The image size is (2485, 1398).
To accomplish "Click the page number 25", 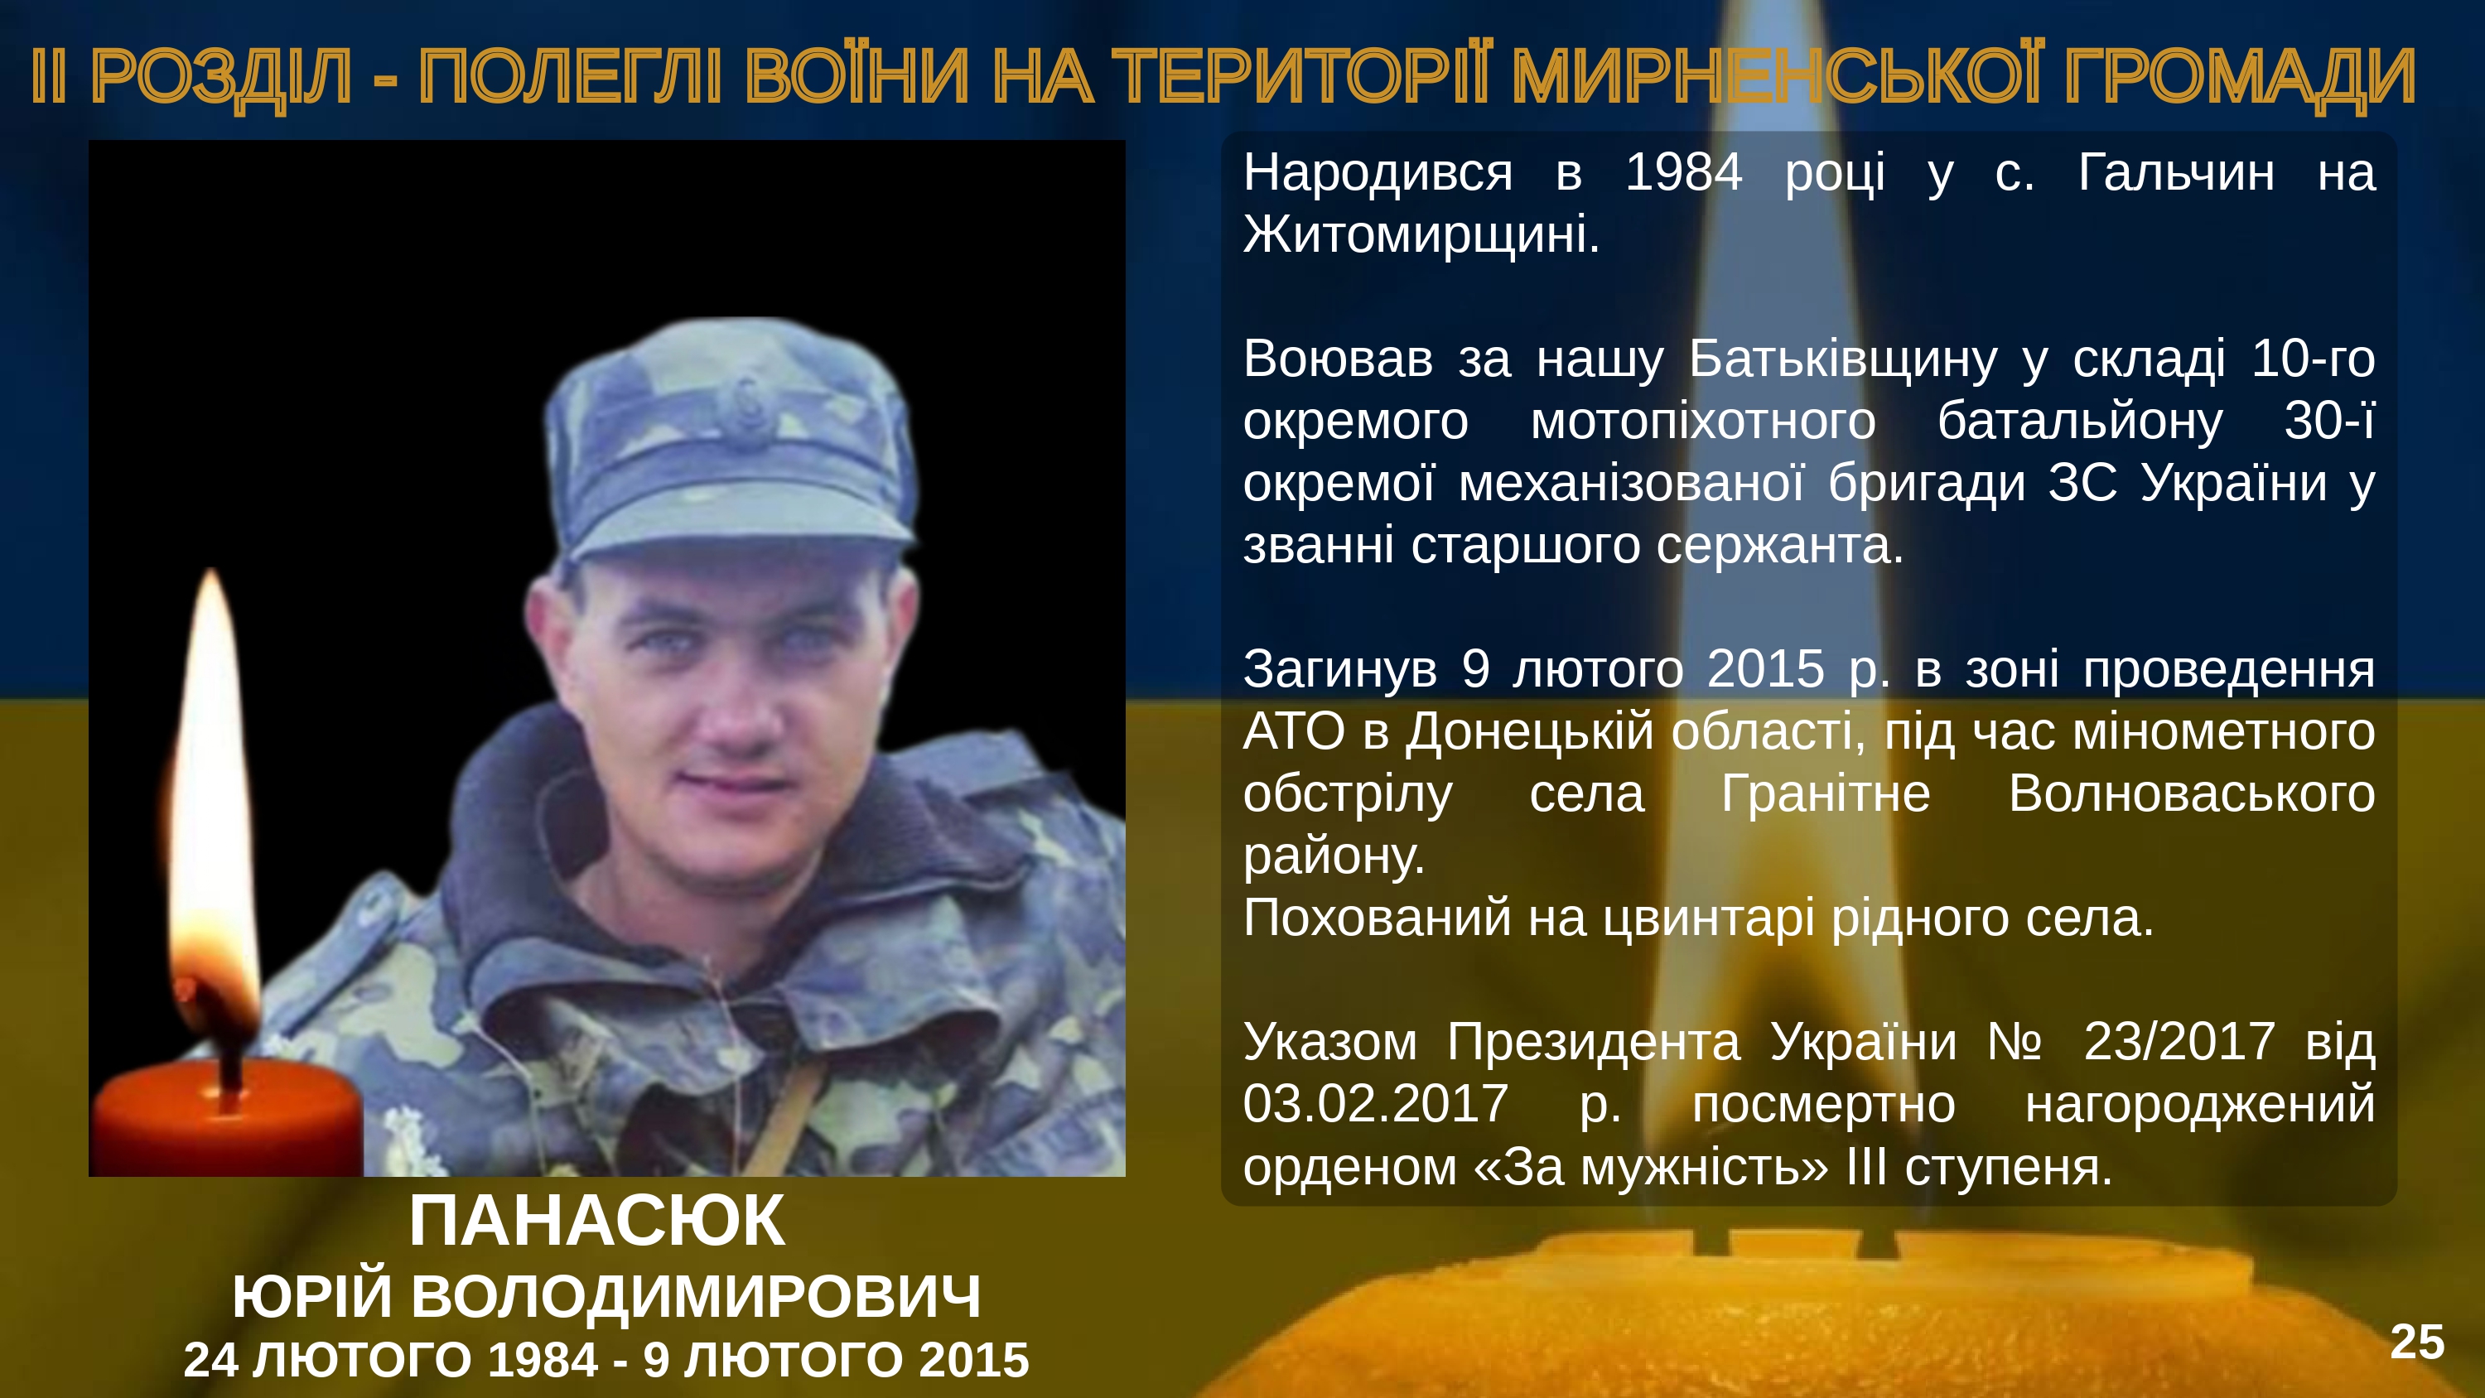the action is click(x=2416, y=1342).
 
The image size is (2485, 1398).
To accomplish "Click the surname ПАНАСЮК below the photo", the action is click(x=597, y=1221).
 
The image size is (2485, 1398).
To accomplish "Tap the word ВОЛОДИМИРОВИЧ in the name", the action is click(x=696, y=1296).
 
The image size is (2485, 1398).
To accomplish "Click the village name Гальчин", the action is click(x=2176, y=173).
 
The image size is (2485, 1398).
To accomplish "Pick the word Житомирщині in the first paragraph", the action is click(x=1421, y=234).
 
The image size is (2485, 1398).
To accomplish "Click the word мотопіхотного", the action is click(x=1704, y=421).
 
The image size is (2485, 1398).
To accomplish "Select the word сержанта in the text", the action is click(x=1780, y=546).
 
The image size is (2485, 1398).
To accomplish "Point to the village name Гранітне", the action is click(x=1826, y=794).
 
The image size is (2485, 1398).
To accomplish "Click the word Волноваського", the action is click(x=2192, y=794).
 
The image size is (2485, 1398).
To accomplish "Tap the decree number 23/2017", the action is click(x=2179, y=1042).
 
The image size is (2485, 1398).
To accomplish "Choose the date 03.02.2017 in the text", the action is click(x=1376, y=1104).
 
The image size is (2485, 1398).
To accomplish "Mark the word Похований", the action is click(x=1377, y=918).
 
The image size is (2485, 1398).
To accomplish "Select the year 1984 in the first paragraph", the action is click(x=1683, y=173).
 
